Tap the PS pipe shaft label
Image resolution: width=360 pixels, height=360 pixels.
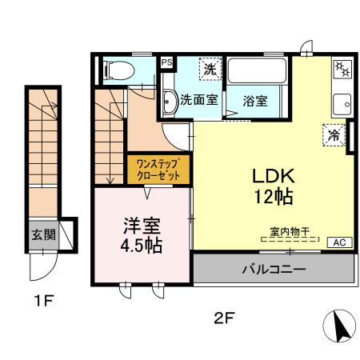point(166,61)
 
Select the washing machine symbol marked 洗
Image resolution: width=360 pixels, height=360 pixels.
point(209,69)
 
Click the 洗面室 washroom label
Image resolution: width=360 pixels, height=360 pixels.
point(198,101)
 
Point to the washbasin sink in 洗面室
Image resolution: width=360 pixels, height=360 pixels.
point(170,102)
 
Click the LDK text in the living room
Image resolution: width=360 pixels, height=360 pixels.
point(274,175)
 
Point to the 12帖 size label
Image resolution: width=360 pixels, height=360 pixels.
point(274,195)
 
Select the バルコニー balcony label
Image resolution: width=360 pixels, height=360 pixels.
point(274,270)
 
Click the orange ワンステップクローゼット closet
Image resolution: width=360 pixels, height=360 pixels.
point(159,170)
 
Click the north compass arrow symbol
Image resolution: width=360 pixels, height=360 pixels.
point(340,325)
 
